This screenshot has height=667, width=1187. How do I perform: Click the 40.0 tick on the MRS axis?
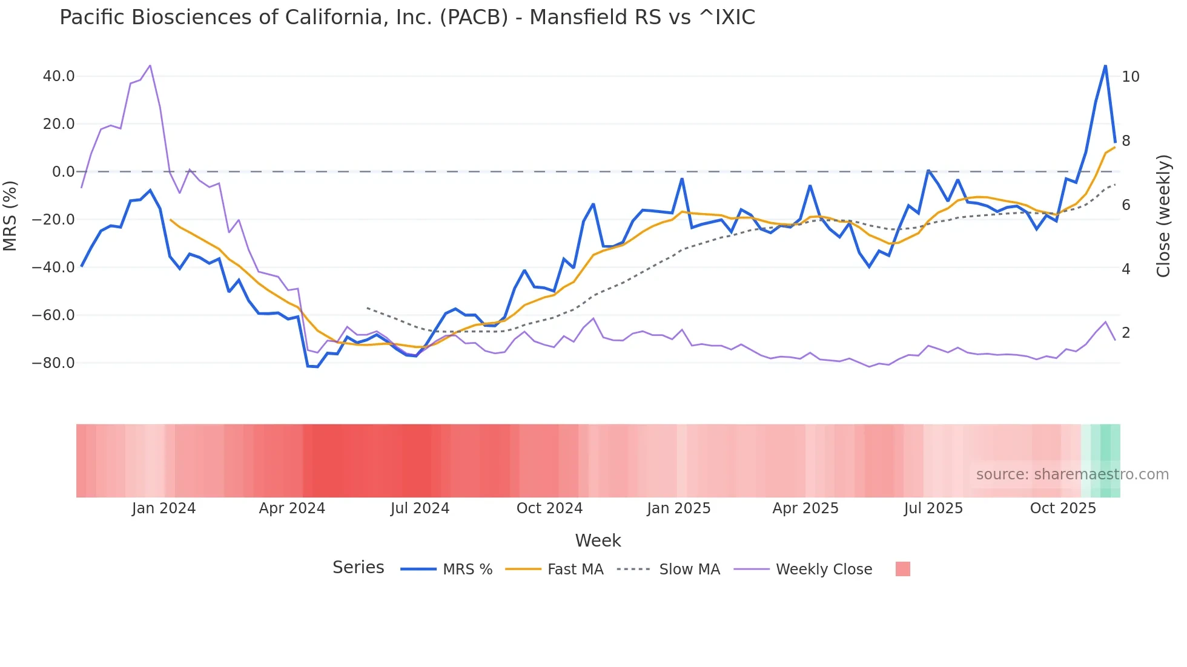(x=59, y=76)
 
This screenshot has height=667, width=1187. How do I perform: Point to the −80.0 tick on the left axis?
(x=53, y=363)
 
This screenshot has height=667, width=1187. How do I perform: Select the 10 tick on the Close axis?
(x=1131, y=77)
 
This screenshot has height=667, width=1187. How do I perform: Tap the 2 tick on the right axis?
(x=1126, y=333)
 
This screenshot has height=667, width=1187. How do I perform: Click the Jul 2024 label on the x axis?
(x=420, y=508)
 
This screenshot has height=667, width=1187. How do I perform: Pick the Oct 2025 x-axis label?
(x=1063, y=508)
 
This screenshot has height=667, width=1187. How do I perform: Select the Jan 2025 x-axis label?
(x=678, y=508)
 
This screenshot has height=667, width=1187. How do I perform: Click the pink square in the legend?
(x=902, y=569)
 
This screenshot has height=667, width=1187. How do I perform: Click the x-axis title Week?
(x=598, y=540)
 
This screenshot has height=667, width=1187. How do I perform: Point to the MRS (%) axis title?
(x=10, y=215)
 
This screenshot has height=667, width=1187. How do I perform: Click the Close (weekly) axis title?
(x=1163, y=215)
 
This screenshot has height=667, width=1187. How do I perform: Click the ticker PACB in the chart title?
(x=474, y=18)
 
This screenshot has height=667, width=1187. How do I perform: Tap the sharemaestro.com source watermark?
(x=1072, y=475)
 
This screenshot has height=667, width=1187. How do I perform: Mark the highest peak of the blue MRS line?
(x=1105, y=66)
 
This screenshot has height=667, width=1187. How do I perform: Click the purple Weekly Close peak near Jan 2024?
(x=150, y=65)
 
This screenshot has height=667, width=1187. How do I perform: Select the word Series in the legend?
(x=358, y=568)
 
